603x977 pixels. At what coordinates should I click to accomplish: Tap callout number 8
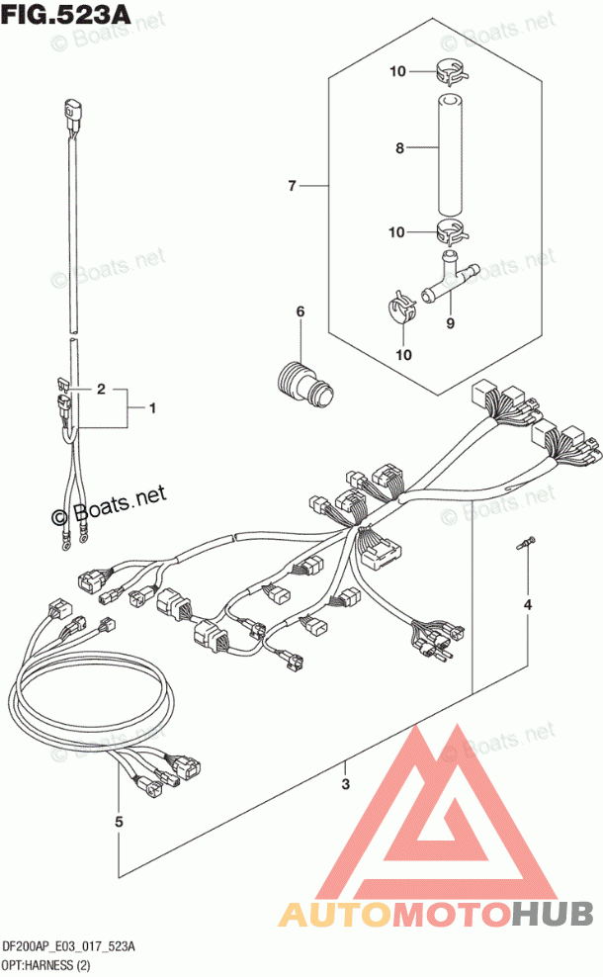(399, 149)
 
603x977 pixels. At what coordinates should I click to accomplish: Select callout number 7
(293, 185)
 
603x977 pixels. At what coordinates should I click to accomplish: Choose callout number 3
(345, 786)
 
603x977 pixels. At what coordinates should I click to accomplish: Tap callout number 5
(119, 821)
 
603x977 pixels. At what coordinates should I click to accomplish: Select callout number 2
(100, 390)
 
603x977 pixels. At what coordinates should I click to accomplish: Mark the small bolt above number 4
(527, 541)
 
